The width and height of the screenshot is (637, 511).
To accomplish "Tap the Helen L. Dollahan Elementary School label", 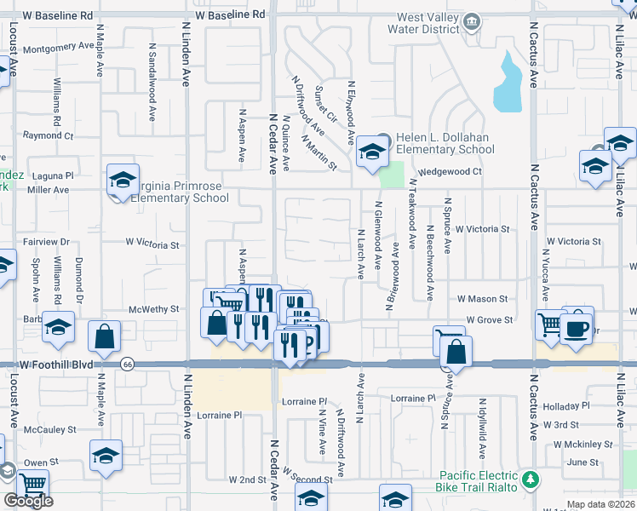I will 445,144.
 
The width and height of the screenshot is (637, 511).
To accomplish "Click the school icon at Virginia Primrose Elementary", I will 123,181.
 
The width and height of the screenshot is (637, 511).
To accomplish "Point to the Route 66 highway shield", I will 127,364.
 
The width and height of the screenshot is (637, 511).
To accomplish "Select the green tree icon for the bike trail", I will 531,480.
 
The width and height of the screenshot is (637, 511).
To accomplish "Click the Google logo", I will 28,502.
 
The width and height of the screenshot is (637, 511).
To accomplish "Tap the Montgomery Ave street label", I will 58,49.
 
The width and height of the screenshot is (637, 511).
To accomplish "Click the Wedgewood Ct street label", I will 450,171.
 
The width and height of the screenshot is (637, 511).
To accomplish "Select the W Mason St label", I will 482,299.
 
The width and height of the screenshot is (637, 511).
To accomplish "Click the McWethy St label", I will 153,309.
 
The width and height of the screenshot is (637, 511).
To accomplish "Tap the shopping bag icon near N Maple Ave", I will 104,338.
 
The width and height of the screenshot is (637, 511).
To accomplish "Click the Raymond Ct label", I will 49,135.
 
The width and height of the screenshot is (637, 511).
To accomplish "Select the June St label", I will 582,462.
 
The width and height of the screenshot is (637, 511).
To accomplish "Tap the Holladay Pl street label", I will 585,405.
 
